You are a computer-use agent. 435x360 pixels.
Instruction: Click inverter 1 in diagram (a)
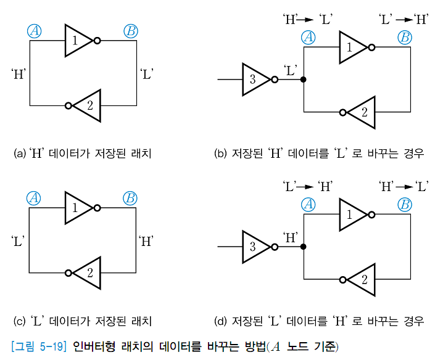[x=78, y=41]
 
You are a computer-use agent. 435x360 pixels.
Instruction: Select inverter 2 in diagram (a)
[x=86, y=105]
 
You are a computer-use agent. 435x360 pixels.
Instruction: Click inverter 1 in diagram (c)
[x=78, y=208]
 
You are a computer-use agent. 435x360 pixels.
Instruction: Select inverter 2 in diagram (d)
[x=360, y=279]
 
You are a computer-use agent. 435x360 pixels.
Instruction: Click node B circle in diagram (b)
[x=404, y=38]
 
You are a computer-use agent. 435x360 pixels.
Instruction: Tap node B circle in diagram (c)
[x=130, y=198]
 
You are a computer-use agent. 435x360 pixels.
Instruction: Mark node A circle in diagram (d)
[x=309, y=205]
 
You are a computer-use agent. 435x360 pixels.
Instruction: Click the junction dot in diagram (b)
[x=304, y=80]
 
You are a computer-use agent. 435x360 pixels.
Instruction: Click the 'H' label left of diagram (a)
[x=18, y=75]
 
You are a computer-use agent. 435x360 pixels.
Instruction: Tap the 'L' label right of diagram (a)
[x=147, y=75]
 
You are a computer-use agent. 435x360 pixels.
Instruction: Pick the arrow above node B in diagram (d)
[x=404, y=186]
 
